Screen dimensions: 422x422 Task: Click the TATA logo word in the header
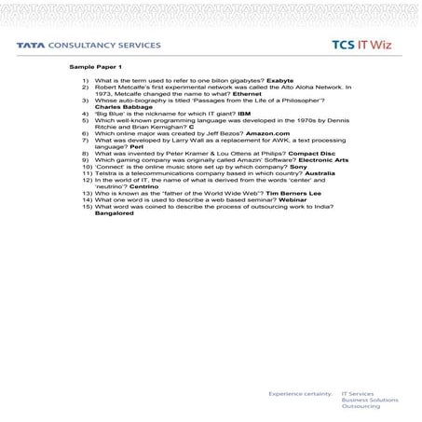point(34,44)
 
